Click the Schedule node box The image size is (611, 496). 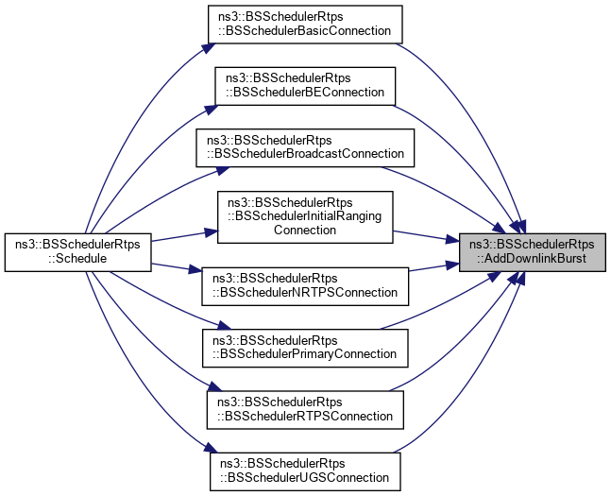click(78, 250)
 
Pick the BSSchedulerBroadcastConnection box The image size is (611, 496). click(305, 145)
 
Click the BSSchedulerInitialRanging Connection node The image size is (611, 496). click(305, 214)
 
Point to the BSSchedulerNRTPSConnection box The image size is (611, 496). click(305, 284)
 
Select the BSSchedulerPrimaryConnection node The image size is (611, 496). click(305, 346)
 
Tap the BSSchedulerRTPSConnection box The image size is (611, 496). click(305, 407)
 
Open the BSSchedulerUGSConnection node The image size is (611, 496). click(305, 470)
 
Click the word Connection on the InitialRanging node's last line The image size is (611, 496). click(305, 229)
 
